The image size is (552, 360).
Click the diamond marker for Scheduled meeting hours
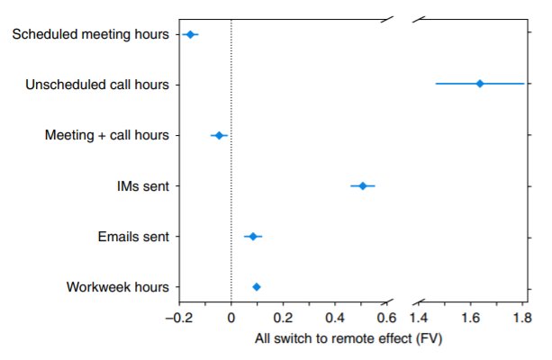click(190, 34)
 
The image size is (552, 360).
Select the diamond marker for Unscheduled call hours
click(480, 84)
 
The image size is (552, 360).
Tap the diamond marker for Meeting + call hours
click(219, 135)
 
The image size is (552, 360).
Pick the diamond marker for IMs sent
click(363, 185)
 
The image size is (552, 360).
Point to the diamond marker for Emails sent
click(253, 237)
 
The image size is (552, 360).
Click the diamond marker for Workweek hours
click(257, 287)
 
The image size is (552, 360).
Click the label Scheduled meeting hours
click(91, 34)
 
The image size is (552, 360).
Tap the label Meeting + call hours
click(107, 135)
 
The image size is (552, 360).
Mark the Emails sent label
click(133, 237)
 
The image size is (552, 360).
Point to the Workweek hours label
click(118, 287)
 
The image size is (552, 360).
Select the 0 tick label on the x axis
click(231, 319)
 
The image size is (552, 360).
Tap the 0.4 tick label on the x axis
click(335, 319)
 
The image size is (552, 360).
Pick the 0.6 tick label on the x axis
click(386, 319)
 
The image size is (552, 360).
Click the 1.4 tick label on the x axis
click(419, 319)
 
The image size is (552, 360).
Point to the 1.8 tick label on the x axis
click(522, 319)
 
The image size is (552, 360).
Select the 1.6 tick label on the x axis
click(470, 319)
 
